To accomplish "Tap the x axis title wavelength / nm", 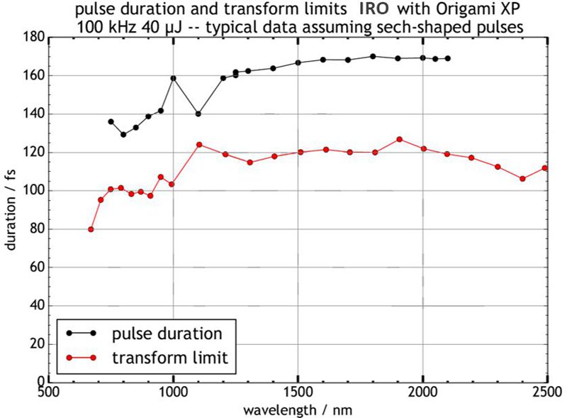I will pyautogui.click(x=298, y=410).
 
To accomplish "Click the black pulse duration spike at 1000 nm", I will pyautogui.click(x=173, y=78).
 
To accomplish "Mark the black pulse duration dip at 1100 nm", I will pyautogui.click(x=198, y=114).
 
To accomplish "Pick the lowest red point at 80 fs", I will pyautogui.click(x=91, y=229).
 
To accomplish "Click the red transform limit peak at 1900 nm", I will pyautogui.click(x=399, y=139).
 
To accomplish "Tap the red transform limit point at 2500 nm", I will pyautogui.click(x=545, y=168).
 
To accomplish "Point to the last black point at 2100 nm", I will pyautogui.click(x=448, y=58).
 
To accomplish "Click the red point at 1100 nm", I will pyautogui.click(x=199, y=145).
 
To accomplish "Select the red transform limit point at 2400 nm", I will pyautogui.click(x=522, y=179).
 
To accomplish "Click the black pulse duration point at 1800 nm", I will pyautogui.click(x=373, y=56).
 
